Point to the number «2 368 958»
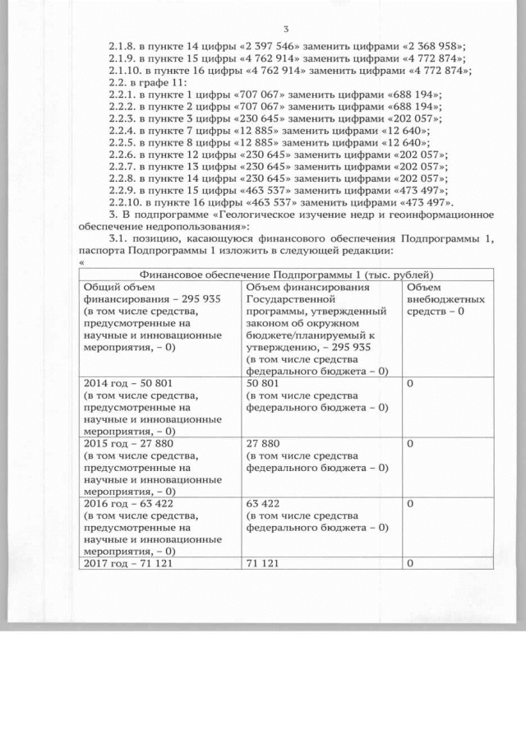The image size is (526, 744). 427,46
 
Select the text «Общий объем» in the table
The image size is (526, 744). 114,287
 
